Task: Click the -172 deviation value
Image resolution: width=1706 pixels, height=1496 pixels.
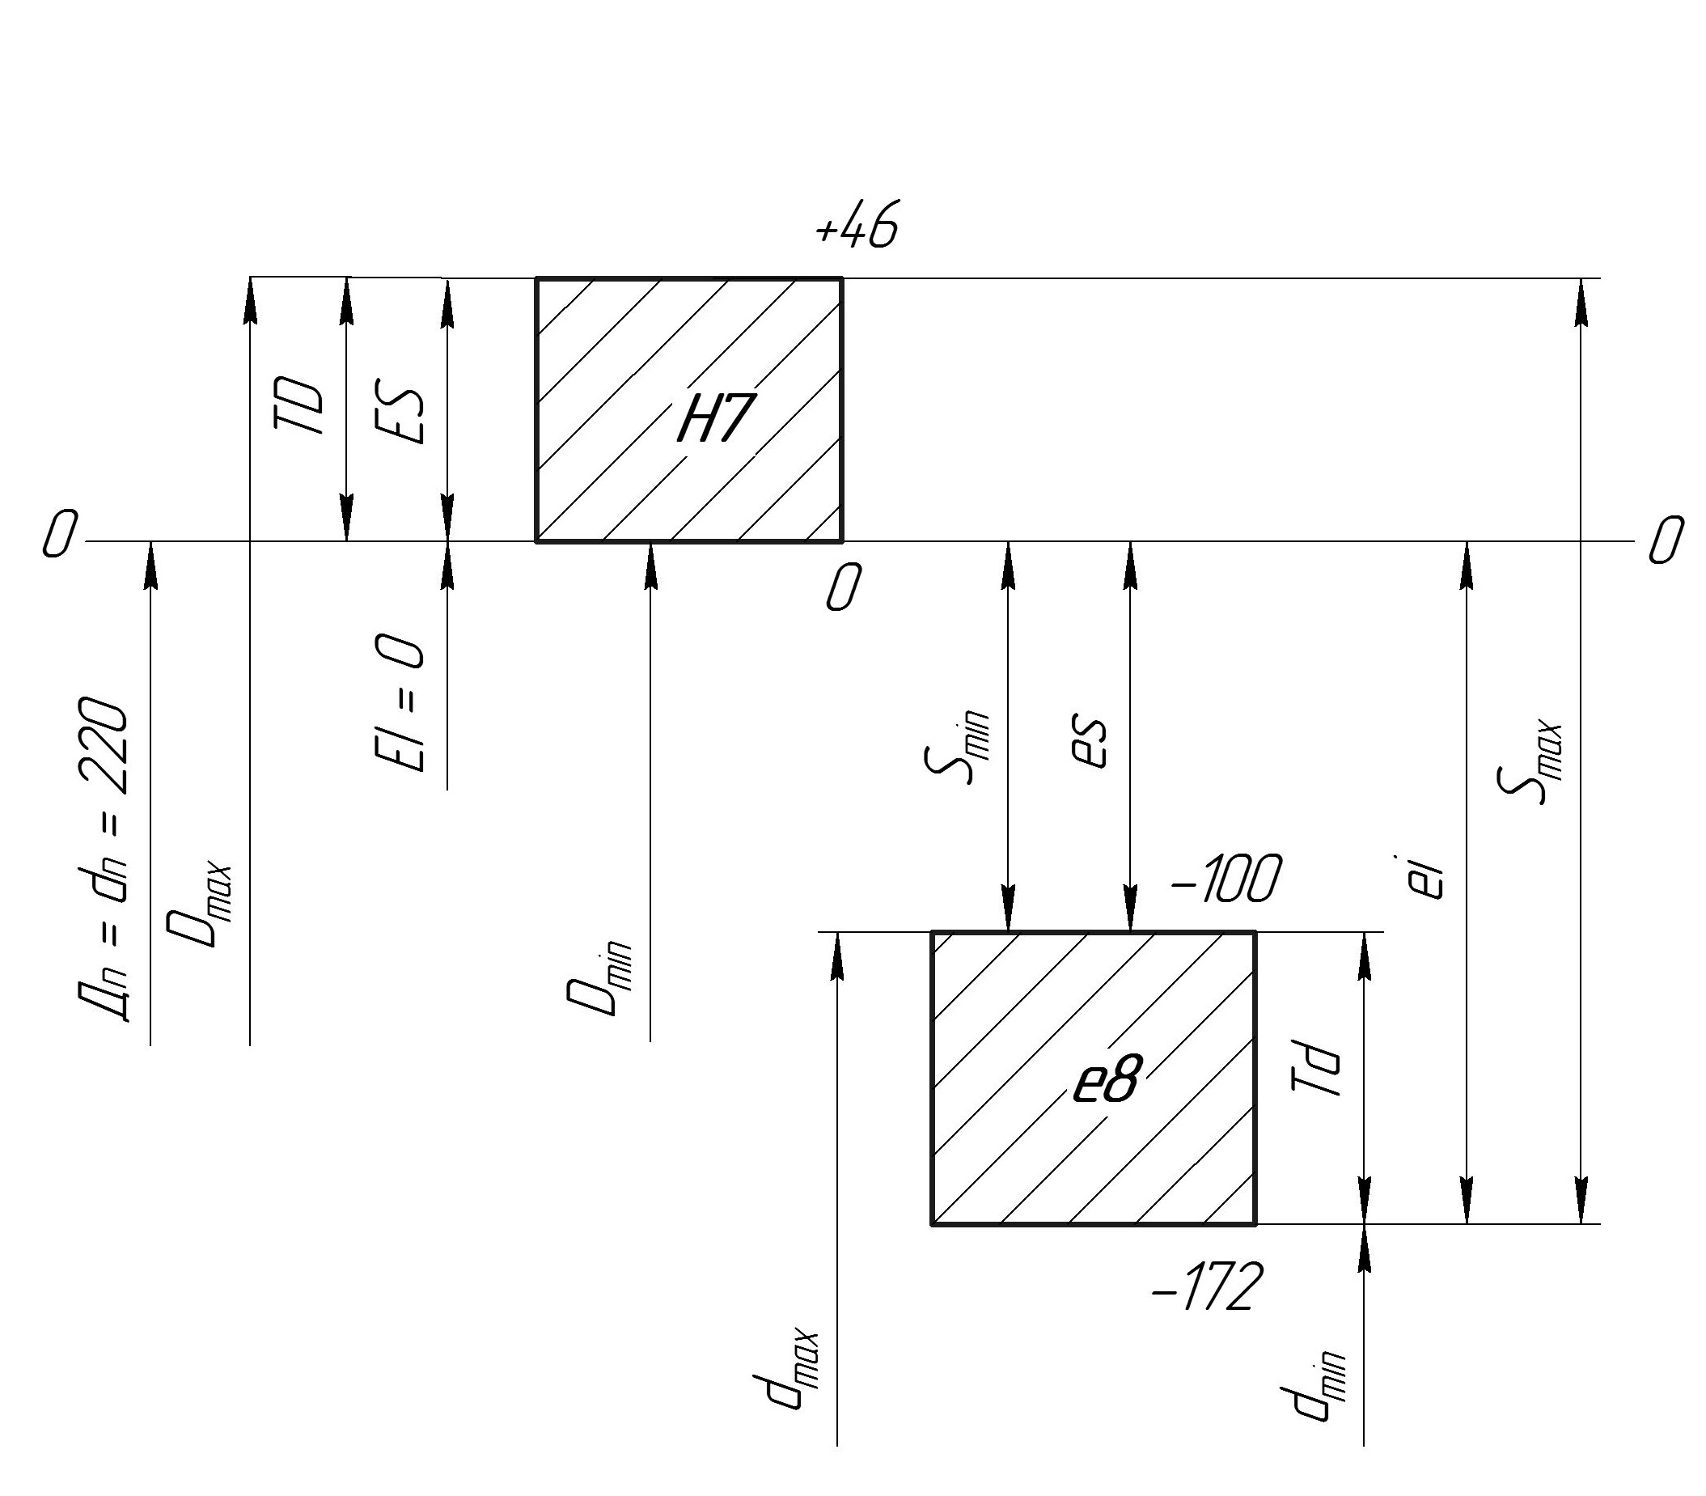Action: pos(1207,1287)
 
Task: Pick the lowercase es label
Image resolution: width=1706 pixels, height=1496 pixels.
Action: pos(1089,740)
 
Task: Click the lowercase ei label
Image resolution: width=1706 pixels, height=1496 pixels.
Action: pos(1429,877)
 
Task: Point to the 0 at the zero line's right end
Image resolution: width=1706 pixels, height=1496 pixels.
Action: pos(1665,540)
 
